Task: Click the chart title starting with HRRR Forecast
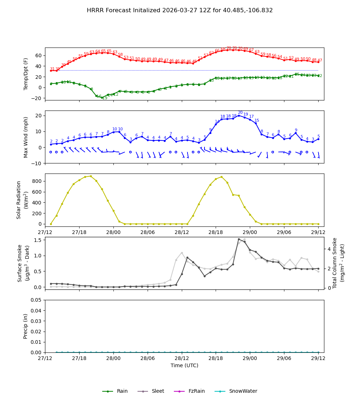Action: coord(180,10)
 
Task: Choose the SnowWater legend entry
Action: coord(243,391)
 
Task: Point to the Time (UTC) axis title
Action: coord(184,365)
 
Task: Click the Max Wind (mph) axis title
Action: coord(26,137)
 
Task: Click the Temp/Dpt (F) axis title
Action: coord(26,74)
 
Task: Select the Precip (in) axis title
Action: coord(26,326)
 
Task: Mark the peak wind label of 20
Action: coord(240,113)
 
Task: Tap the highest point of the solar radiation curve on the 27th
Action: coord(91,176)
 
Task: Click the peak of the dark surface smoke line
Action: coord(239,239)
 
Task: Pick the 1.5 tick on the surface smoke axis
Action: coord(38,240)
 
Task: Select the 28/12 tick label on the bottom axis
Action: coord(182,359)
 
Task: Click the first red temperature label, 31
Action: coord(52,69)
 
